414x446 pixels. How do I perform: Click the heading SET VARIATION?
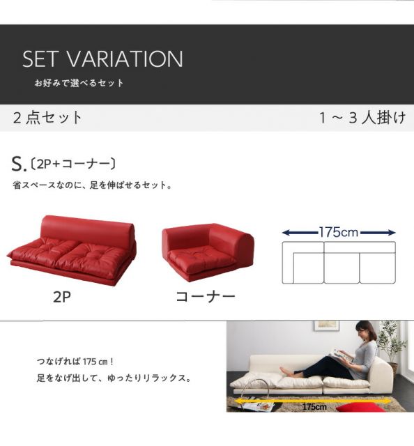[x=102, y=59]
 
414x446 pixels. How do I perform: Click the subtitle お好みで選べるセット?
[x=79, y=83]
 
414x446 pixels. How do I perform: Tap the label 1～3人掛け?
[x=362, y=117]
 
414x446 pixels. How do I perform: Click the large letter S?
[x=18, y=164]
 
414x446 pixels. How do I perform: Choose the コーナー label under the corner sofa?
[x=205, y=297]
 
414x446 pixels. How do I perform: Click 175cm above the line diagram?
[x=339, y=232]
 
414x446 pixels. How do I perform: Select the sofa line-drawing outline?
[x=339, y=263]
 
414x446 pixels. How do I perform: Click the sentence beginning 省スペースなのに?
[x=93, y=186]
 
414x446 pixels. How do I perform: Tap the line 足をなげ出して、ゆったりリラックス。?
[x=114, y=380]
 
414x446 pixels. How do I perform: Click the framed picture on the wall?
[x=325, y=325]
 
